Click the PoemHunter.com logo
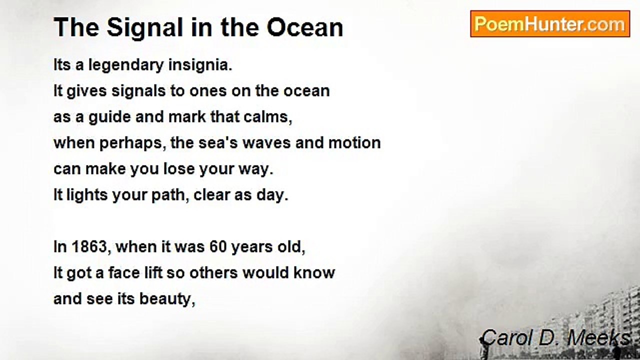(x=550, y=24)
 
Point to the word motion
(x=354, y=143)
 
